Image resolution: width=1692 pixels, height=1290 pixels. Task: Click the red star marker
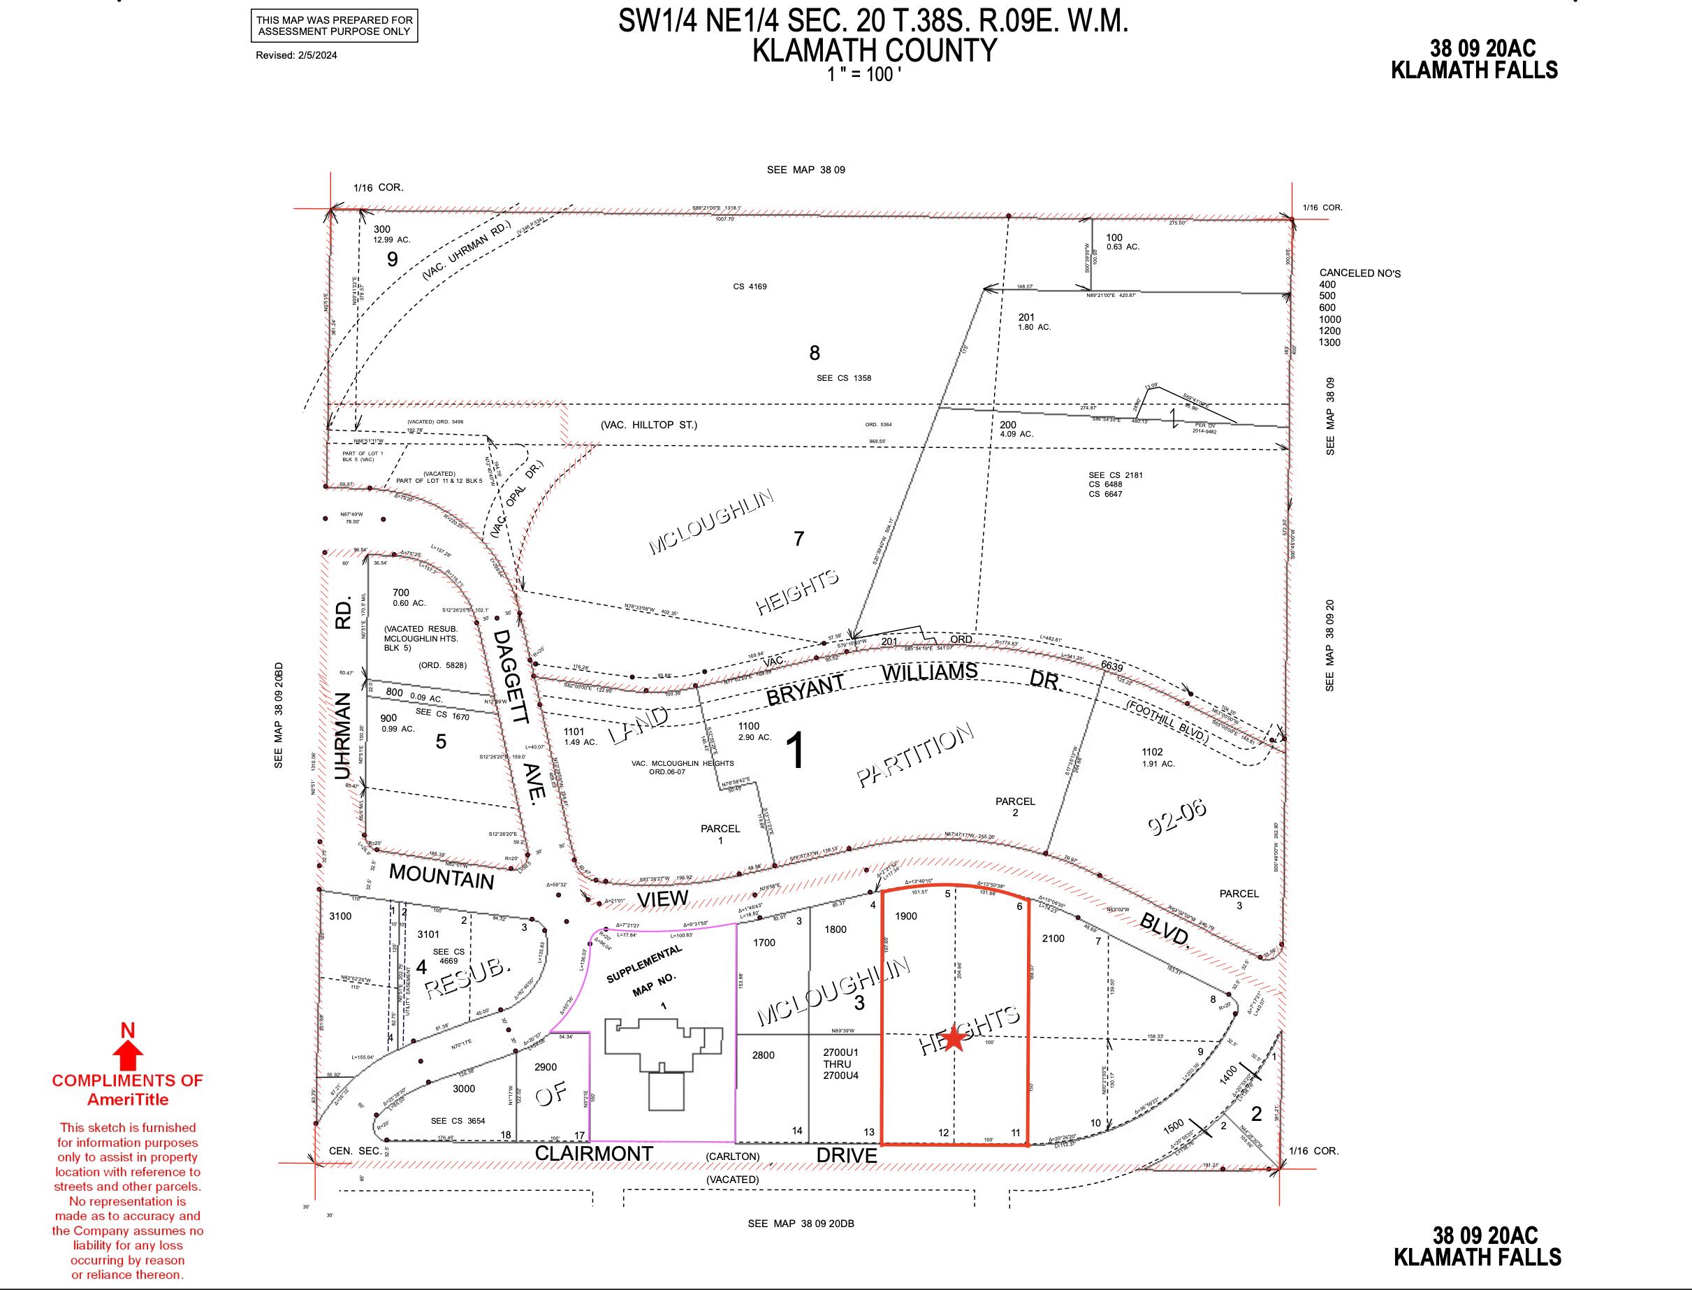point(954,1038)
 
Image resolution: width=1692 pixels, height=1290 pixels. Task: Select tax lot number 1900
point(906,916)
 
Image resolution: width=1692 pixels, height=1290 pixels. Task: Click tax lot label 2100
point(1053,938)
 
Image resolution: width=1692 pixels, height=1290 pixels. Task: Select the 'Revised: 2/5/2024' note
point(296,55)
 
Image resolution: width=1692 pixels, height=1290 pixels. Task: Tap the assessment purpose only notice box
point(334,25)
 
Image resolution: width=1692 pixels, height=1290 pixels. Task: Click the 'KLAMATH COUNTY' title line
point(874,51)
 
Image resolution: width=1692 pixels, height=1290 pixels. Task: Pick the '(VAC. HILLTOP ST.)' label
point(649,425)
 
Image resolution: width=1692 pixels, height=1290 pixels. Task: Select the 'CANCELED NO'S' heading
point(1359,273)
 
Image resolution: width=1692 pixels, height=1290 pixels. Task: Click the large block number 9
point(393,259)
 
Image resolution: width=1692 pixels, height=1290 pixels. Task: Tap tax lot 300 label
point(381,229)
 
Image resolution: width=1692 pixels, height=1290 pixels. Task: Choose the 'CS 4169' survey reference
point(750,287)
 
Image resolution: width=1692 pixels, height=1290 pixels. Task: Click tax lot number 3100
point(340,916)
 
